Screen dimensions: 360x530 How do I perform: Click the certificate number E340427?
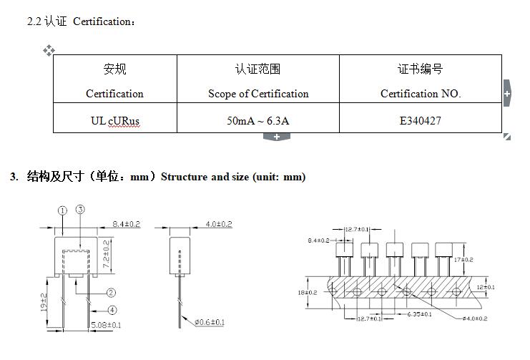pyautogui.click(x=420, y=120)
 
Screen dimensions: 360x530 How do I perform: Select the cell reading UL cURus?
pyautogui.click(x=114, y=120)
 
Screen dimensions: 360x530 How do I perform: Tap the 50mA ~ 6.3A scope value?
pyautogui.click(x=257, y=120)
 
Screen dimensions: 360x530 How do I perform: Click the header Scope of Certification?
pyautogui.click(x=258, y=94)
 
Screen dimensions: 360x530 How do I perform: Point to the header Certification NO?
pyautogui.click(x=420, y=94)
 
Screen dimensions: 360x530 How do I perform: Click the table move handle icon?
pyautogui.click(x=49, y=50)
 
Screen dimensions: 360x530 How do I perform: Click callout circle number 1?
pyautogui.click(x=62, y=210)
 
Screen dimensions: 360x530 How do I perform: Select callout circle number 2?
pyautogui.click(x=112, y=292)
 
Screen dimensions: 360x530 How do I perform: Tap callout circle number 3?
pyautogui.click(x=80, y=209)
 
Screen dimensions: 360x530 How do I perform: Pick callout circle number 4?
pyautogui.click(x=112, y=310)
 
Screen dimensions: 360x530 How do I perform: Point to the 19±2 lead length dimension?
pyautogui.click(x=44, y=303)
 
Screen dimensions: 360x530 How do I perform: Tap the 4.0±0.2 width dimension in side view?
pyautogui.click(x=219, y=224)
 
